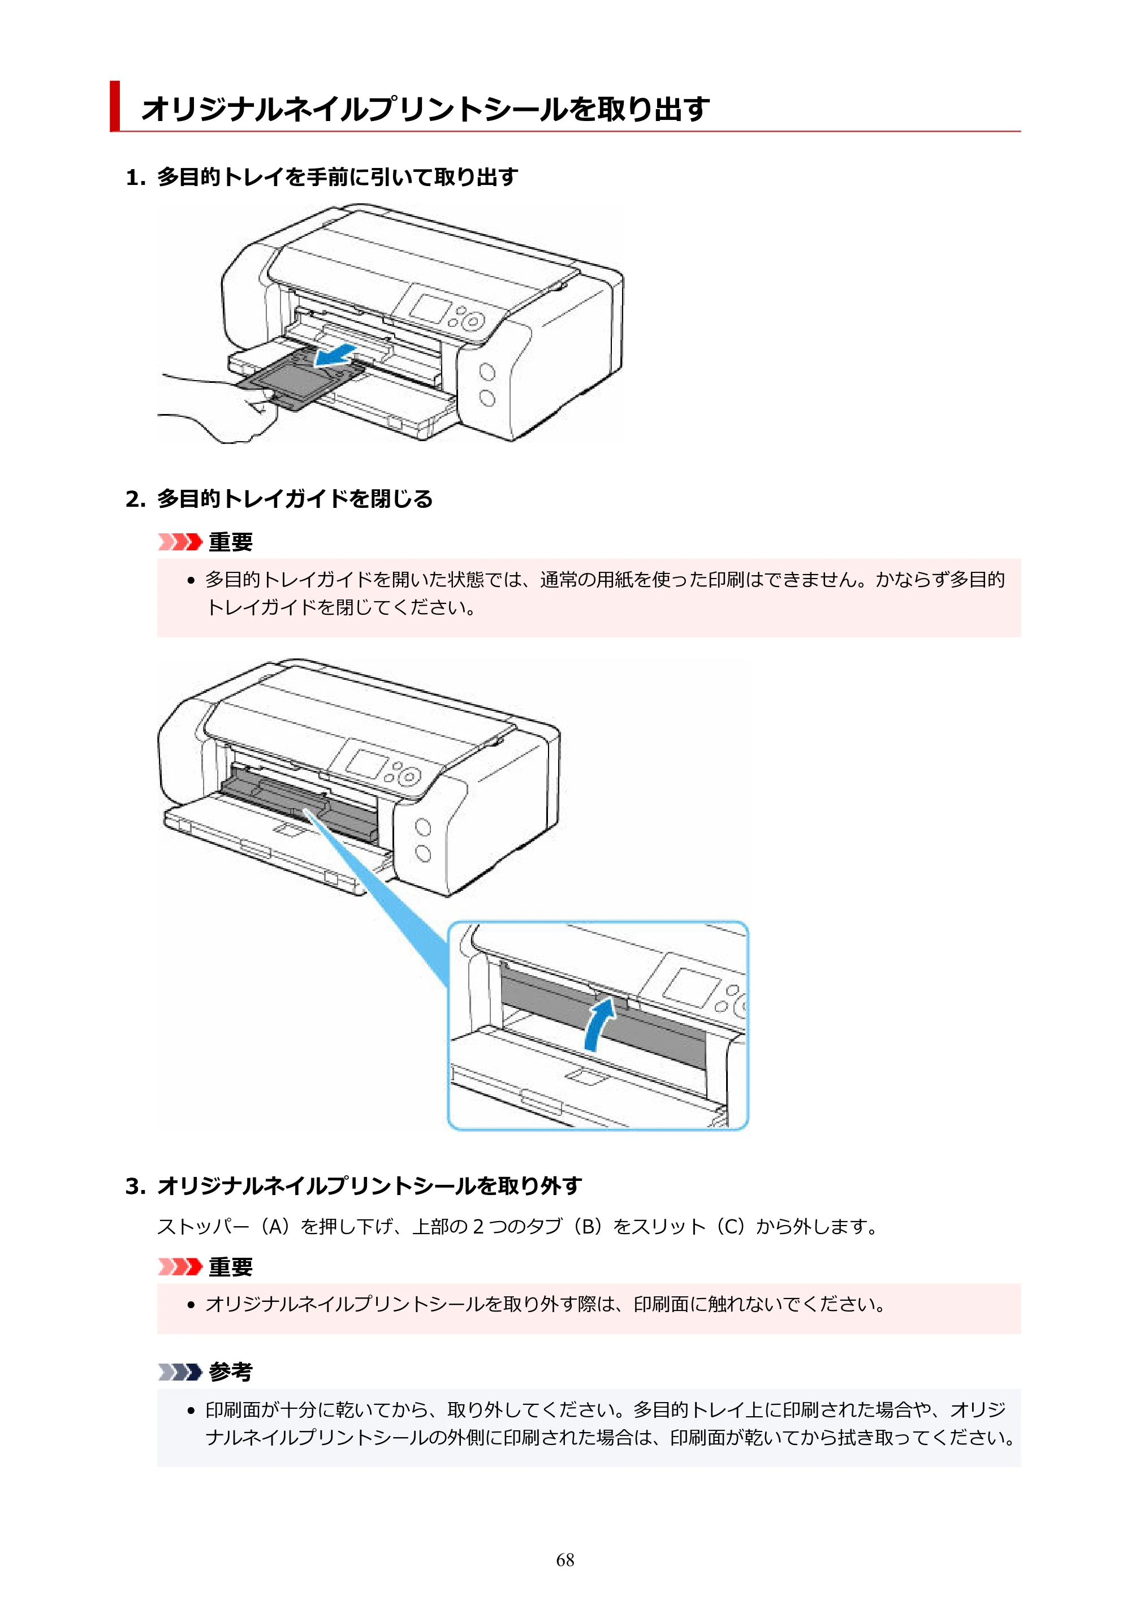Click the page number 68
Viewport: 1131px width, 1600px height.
(x=565, y=1560)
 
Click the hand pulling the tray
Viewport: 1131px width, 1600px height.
(x=216, y=408)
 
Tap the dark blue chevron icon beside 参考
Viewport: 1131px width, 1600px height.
(x=180, y=1372)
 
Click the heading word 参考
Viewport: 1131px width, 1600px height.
(x=231, y=1372)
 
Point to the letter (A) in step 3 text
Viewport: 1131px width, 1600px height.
(x=277, y=1227)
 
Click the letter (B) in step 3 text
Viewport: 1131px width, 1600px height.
(x=589, y=1227)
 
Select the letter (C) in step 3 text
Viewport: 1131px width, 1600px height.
(x=731, y=1227)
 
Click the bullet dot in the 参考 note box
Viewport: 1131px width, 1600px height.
(x=192, y=1411)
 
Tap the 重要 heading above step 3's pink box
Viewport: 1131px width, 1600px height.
(x=231, y=1266)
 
